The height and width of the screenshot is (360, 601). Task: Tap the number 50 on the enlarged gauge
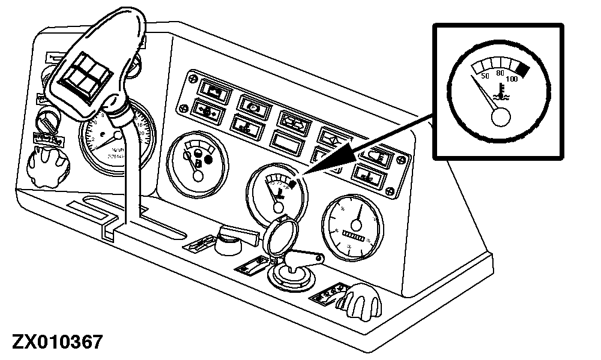485,76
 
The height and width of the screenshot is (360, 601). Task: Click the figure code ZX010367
52,343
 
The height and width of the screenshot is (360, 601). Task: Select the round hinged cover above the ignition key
277,238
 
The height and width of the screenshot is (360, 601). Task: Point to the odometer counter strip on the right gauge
358,240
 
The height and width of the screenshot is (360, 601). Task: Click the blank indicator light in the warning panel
287,142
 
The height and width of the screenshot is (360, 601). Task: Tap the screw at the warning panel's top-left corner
192,77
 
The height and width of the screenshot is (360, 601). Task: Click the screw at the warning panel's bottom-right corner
391,191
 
